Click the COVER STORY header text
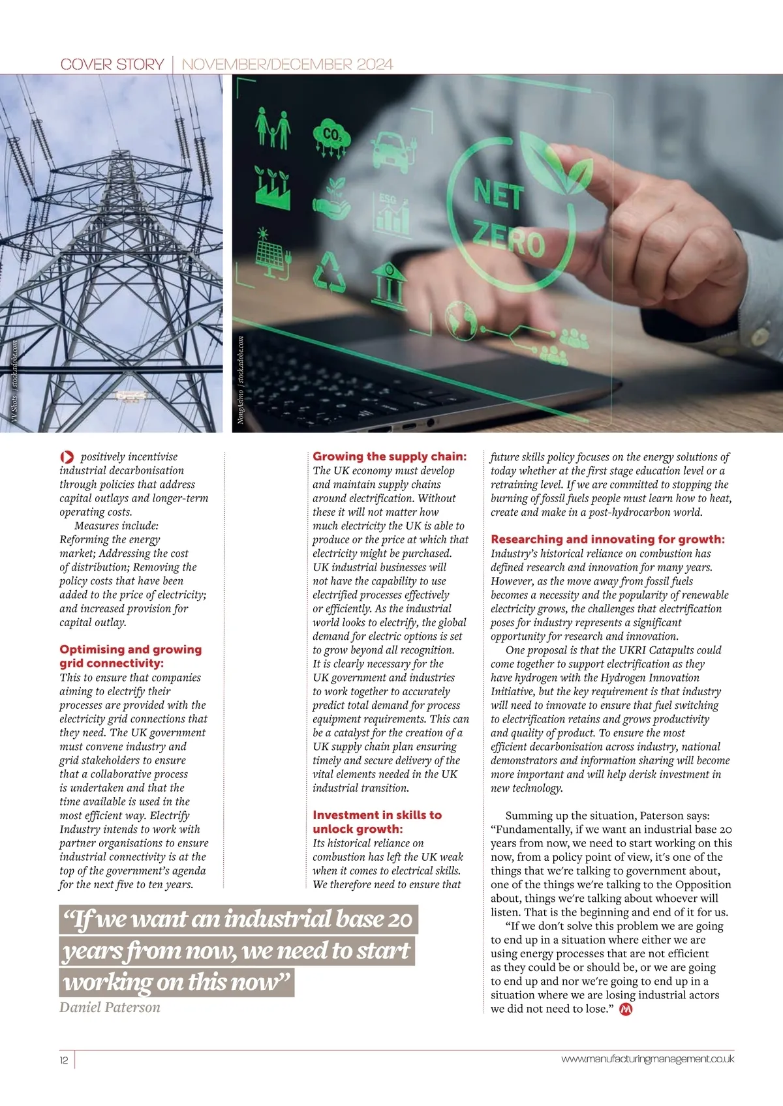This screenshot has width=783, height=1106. [112, 64]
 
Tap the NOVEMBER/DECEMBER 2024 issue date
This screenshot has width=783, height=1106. [287, 64]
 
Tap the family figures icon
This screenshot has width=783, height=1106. [273, 128]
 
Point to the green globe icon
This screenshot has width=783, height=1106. [461, 320]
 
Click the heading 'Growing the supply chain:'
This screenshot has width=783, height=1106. [390, 456]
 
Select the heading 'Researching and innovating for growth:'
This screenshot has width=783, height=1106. [607, 539]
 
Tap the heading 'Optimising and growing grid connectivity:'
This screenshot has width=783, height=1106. [130, 656]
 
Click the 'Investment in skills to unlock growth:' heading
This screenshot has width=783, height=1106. [377, 822]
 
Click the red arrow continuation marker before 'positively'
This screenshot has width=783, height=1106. [67, 457]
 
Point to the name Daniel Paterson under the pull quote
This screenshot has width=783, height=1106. [110, 1008]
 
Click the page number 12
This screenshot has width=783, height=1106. [64, 1060]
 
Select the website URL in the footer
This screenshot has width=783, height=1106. [647, 1059]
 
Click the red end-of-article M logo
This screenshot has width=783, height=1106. [626, 1009]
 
